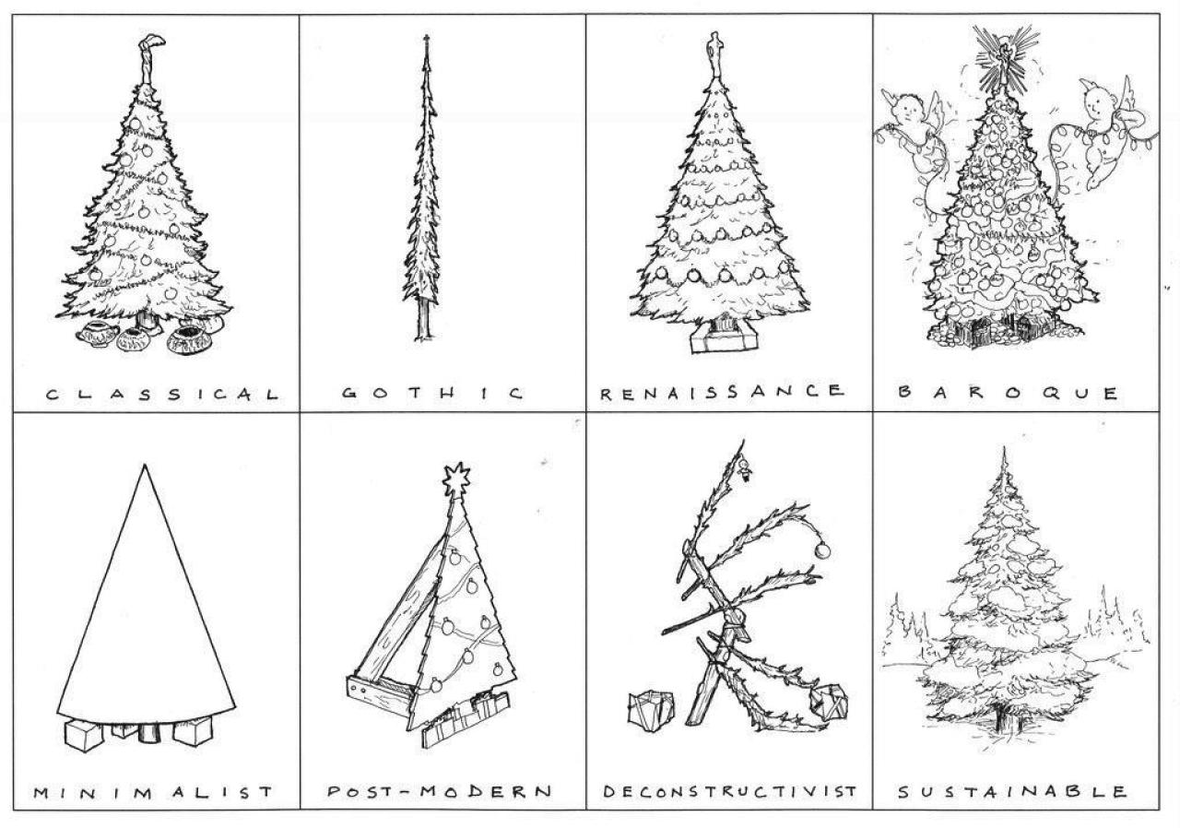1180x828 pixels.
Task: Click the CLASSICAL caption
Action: tap(162, 394)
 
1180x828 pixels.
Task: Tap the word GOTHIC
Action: tap(432, 393)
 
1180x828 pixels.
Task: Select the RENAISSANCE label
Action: tap(722, 392)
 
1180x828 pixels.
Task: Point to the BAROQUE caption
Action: tap(1008, 393)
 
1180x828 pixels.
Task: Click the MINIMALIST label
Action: tap(153, 792)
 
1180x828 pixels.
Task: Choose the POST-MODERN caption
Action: tap(439, 791)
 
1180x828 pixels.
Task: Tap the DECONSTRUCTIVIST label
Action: tap(729, 791)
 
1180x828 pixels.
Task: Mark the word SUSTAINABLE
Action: tap(1012, 791)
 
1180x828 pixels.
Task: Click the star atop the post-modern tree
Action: tap(456, 479)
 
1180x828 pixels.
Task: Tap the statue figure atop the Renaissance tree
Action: tap(714, 54)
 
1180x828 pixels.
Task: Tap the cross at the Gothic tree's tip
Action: tap(427, 40)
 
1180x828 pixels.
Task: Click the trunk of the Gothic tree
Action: tap(424, 321)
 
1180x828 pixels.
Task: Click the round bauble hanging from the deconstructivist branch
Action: tap(822, 550)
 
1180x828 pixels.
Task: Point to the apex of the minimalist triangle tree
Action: tap(145, 465)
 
